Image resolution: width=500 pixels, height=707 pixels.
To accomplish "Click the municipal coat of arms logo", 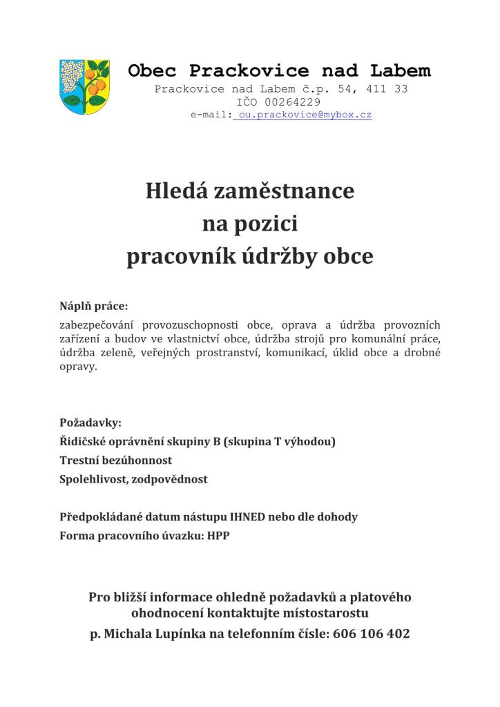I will [84, 87].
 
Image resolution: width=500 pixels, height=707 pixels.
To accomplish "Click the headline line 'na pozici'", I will [249, 224].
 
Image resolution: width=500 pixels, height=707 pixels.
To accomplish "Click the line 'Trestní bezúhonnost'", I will [116, 460].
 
